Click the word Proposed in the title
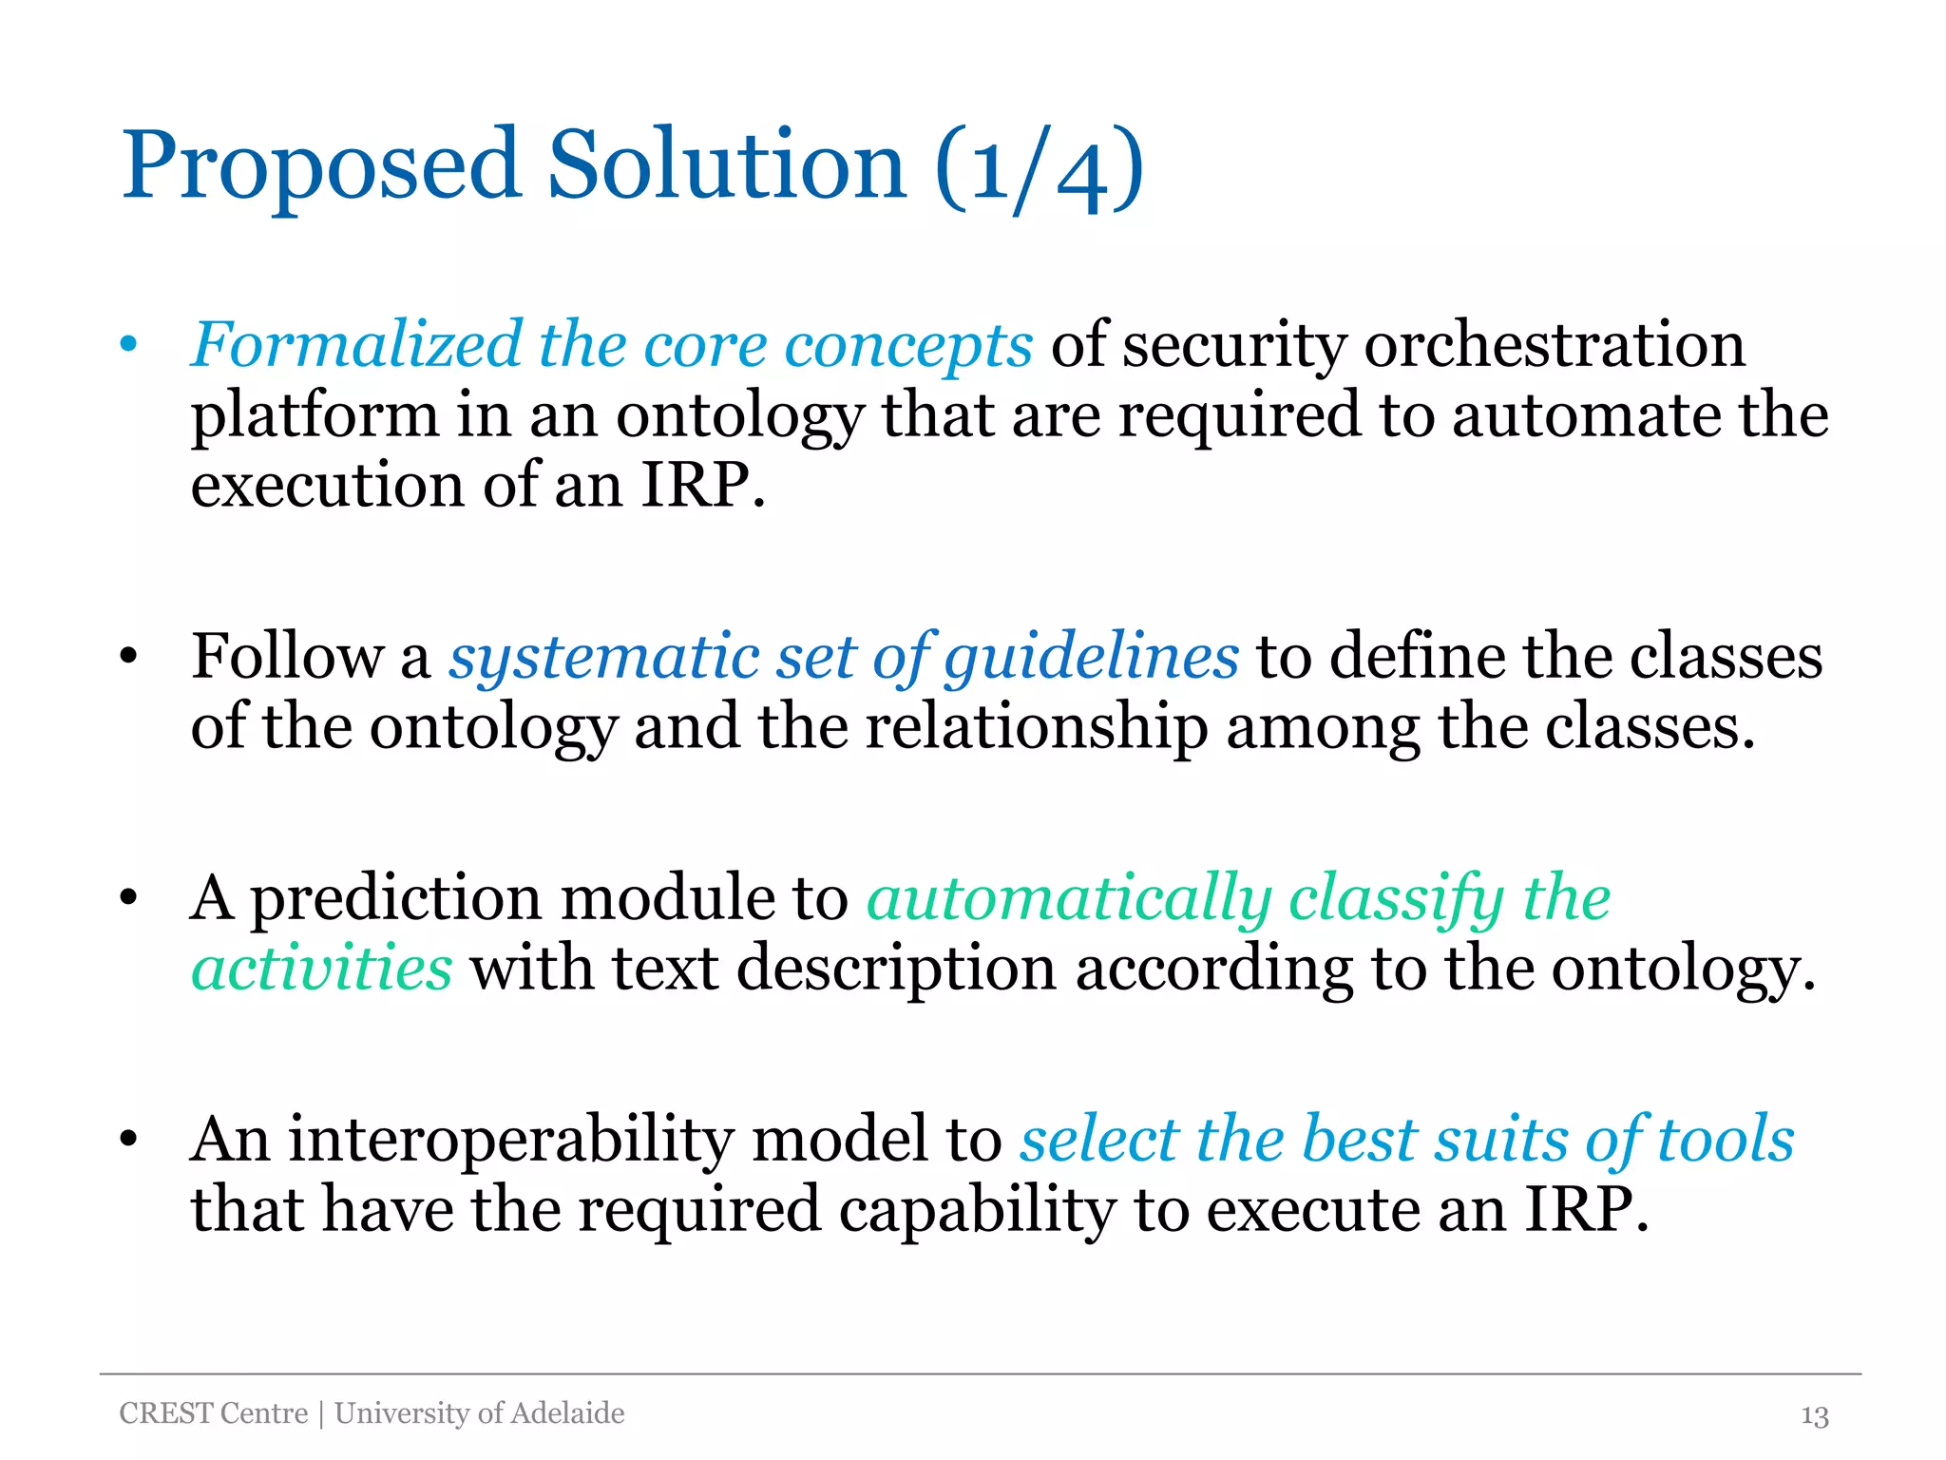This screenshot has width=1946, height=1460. tap(321, 167)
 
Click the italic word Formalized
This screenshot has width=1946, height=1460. tap(356, 344)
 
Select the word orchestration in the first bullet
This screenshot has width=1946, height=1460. tap(1555, 344)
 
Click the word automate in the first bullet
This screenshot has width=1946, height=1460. tap(1585, 416)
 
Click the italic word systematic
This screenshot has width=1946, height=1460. tap(604, 657)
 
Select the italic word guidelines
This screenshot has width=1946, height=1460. tap(1091, 659)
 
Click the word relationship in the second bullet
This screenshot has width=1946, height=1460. tap(1036, 728)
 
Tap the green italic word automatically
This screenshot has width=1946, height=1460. tap(1068, 899)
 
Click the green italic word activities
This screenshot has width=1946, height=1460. tap(321, 969)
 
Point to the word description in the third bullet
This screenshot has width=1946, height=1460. tap(896, 970)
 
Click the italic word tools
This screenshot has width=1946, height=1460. tap(1726, 1140)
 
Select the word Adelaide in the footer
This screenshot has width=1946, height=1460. tap(567, 1413)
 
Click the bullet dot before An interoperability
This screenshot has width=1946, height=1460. tap(129, 1140)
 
